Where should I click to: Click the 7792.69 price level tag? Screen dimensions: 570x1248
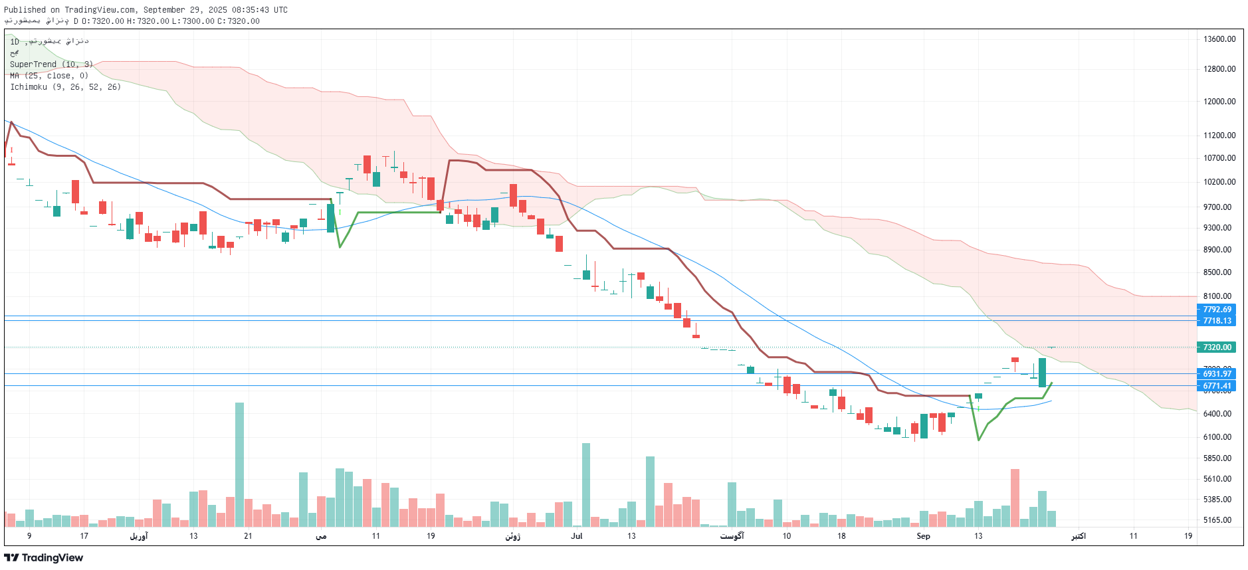point(1216,310)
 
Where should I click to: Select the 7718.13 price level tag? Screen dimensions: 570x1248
point(1216,321)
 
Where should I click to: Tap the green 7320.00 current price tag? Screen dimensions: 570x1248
point(1216,347)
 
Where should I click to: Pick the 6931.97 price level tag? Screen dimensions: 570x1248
point(1216,374)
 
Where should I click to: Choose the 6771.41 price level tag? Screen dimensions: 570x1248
point(1216,386)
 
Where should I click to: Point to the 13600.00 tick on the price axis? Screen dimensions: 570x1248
point(1219,39)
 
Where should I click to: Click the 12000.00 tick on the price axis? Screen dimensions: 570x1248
point(1219,102)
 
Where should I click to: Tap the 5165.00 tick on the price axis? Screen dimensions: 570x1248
point(1217,520)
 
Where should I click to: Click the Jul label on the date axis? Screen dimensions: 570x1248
point(576,536)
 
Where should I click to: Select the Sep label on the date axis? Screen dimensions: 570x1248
point(923,536)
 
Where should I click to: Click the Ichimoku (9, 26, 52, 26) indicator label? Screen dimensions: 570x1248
point(65,87)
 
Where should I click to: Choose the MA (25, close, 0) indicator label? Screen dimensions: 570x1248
point(49,76)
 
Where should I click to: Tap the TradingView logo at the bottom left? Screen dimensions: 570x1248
point(44,558)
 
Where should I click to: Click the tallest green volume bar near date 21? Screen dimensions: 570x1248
point(239,465)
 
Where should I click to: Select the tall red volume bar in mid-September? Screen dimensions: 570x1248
point(1015,498)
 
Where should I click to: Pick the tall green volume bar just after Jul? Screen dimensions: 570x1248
point(586,485)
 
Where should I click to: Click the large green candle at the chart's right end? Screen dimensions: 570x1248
point(1042,373)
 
